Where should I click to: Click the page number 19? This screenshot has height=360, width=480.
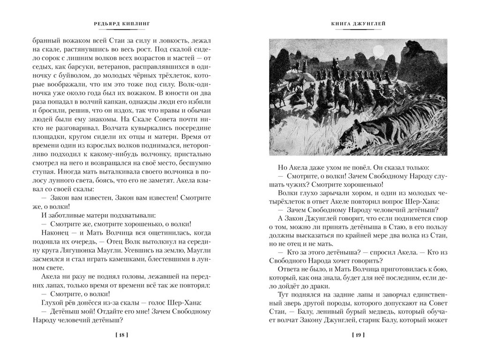pos(358,336)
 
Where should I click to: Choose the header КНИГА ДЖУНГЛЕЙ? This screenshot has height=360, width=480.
pos(359,24)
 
